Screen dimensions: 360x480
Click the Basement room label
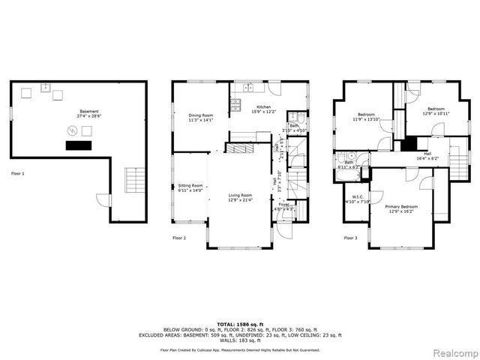[x=88, y=114]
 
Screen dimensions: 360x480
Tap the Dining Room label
[x=200, y=117]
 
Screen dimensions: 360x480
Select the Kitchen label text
[x=264, y=109]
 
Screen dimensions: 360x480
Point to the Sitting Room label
[x=190, y=187]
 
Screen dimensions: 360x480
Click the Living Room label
[x=240, y=197]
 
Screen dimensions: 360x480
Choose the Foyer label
[x=284, y=206]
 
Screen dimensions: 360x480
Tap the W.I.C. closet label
[x=352, y=199]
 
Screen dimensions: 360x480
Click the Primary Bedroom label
[x=401, y=208]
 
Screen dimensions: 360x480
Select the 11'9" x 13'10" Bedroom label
[x=366, y=117]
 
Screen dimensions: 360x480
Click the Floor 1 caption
[x=18, y=173]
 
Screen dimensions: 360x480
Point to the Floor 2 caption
[x=179, y=238]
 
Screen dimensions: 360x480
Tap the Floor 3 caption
[x=351, y=238]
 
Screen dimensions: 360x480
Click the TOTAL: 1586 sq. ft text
[x=240, y=323]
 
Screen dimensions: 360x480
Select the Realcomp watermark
[x=454, y=351]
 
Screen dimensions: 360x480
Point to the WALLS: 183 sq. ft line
[x=240, y=341]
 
